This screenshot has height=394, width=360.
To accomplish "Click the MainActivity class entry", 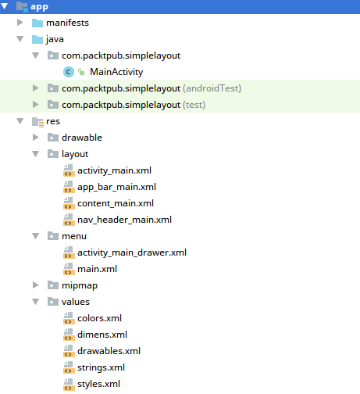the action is tap(116, 72).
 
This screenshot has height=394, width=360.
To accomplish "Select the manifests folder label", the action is tap(67, 23).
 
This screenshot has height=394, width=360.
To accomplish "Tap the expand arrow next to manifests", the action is tap(20, 23).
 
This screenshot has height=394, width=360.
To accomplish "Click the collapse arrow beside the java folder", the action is tap(20, 39).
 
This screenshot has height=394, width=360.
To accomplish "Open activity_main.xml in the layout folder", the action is tap(114, 170).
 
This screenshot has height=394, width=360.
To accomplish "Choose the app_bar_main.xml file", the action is tap(116, 187).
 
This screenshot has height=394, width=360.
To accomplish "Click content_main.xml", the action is tap(116, 203).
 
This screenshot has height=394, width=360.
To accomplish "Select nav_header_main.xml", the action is tap(124, 220).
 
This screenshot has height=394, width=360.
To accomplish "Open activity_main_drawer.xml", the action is tap(132, 253).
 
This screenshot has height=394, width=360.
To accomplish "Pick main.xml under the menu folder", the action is tap(97, 269).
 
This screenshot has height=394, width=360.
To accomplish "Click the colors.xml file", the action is tap(99, 318).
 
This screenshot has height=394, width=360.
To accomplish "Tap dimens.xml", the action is tap(102, 335).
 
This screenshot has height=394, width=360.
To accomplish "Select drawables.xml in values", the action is tap(109, 351).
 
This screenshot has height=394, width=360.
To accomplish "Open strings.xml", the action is tap(101, 367).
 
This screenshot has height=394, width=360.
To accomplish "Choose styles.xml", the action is tap(98, 384).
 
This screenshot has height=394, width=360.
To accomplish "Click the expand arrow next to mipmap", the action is tap(35, 285).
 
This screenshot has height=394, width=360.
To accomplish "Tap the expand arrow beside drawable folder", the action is tap(35, 138).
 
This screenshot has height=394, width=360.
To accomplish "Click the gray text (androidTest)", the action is tap(212, 88).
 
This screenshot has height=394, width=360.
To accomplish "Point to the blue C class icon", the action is tap(69, 72).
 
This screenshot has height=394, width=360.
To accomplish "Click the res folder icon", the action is tap(37, 122).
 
